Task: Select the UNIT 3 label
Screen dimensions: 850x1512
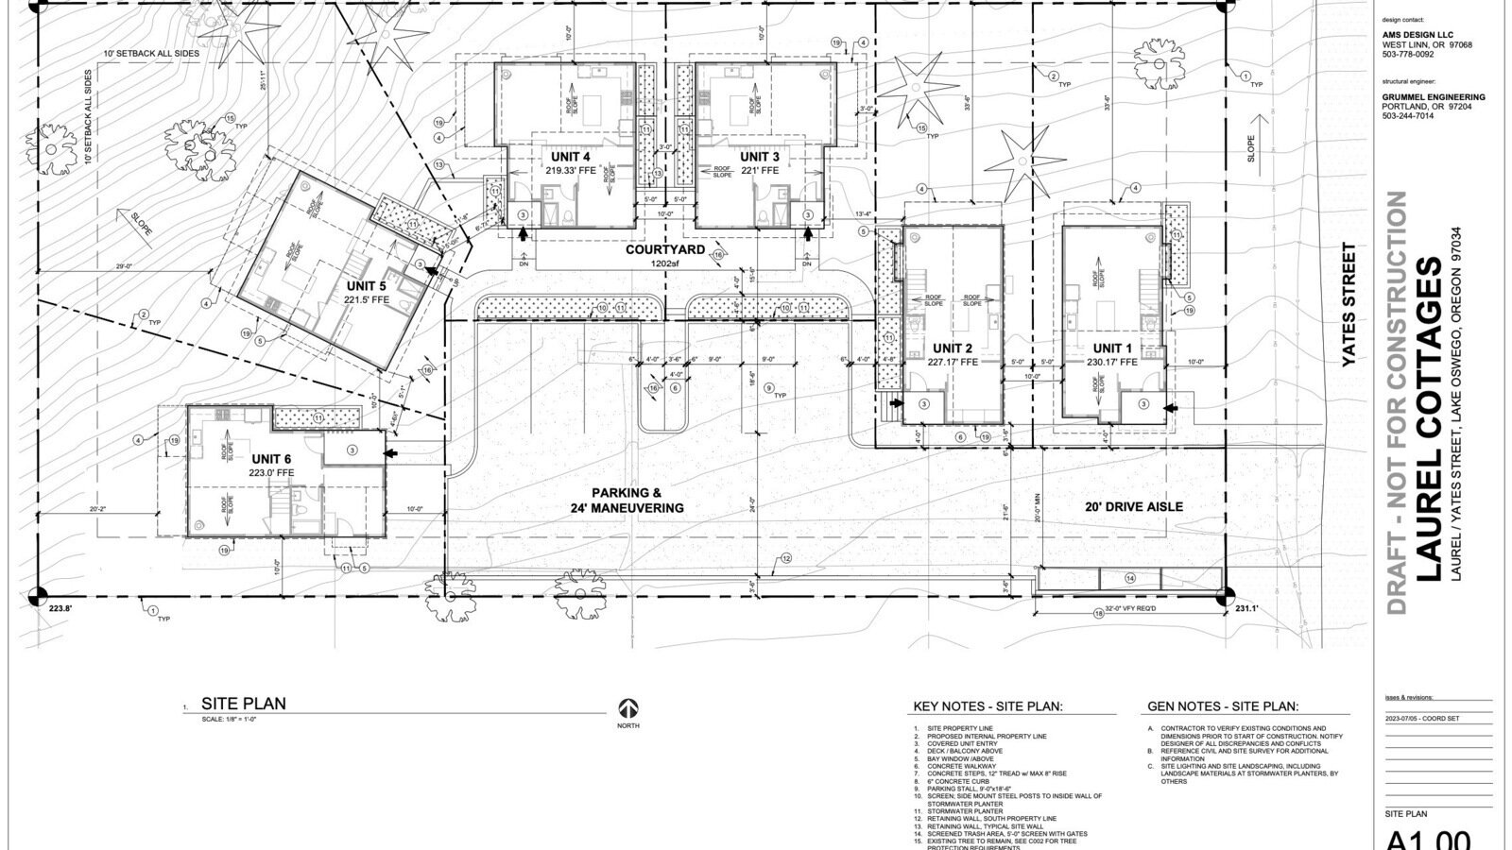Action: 759,157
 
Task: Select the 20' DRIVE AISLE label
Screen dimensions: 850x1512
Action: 1132,507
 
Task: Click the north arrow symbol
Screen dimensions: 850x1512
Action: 628,708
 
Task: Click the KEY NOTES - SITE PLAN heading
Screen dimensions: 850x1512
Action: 988,706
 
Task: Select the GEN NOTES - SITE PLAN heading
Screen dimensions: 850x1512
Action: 1223,706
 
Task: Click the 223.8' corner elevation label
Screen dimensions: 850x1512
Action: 60,610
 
